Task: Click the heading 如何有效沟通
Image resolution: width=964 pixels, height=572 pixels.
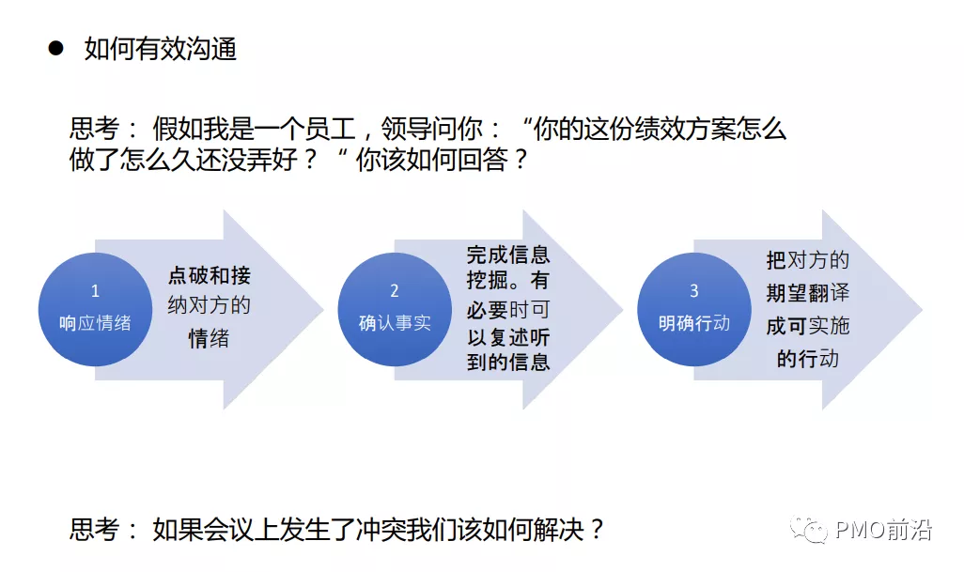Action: pos(160,48)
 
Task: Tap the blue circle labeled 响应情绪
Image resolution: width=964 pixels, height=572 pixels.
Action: pos(94,309)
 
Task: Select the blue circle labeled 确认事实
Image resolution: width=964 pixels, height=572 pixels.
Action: pos(395,309)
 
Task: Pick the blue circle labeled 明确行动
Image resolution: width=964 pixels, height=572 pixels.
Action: pos(693,309)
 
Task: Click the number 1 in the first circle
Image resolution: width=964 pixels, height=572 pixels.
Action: pos(95,291)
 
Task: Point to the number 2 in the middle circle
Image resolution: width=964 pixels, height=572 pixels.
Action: pos(395,291)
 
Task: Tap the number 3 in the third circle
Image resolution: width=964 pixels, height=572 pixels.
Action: pos(694,291)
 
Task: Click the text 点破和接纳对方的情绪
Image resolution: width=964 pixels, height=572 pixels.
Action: pos(209,306)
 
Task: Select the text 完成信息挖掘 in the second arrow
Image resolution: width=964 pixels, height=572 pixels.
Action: pos(508,267)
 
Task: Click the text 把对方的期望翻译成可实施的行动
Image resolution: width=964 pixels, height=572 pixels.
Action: pos(808,308)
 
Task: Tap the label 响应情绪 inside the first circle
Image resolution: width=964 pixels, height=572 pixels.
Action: pos(95,324)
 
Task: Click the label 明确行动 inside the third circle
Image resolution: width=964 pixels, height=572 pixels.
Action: pos(694,324)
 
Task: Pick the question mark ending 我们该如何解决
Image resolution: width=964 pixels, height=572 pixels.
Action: pos(596,529)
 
